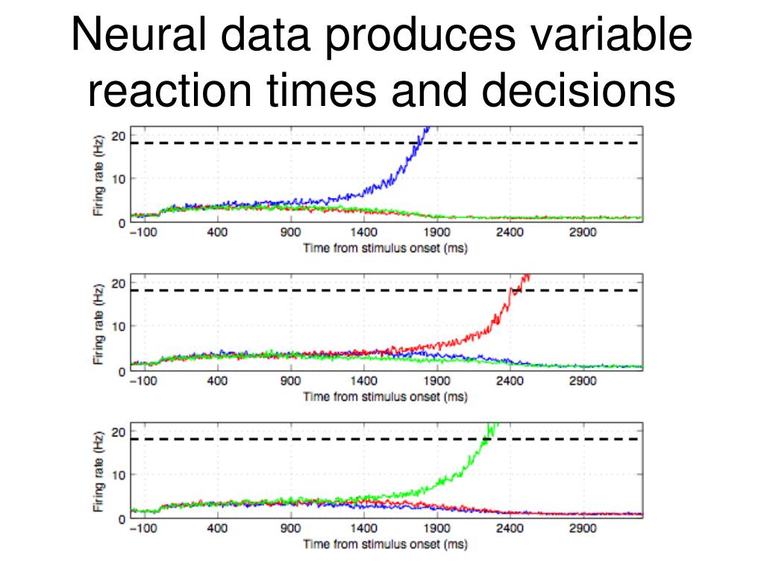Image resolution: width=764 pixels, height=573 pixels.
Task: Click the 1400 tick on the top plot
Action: click(x=364, y=233)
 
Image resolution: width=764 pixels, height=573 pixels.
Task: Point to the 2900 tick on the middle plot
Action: click(x=583, y=381)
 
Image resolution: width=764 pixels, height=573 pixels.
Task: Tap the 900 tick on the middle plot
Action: click(x=290, y=381)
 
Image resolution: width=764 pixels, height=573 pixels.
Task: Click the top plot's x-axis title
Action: click(x=385, y=248)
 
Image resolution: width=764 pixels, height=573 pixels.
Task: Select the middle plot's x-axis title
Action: click(x=385, y=396)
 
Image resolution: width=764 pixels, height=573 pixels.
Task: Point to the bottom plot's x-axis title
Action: click(x=385, y=545)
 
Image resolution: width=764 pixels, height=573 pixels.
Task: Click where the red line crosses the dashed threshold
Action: click(x=514, y=290)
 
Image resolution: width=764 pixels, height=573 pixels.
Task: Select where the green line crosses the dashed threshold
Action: click(x=486, y=439)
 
